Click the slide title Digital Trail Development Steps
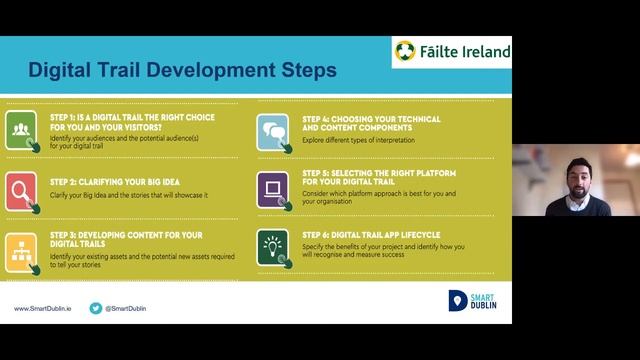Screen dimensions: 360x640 tap(182, 71)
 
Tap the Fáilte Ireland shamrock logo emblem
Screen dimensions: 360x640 tap(406, 52)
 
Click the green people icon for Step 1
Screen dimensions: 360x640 tap(21, 131)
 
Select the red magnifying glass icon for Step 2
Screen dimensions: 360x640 tap(21, 189)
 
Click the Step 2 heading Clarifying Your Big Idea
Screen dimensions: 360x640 tap(106, 183)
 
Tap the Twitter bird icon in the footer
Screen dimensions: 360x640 tap(96, 309)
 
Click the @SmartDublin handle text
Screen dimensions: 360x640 tap(131, 309)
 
